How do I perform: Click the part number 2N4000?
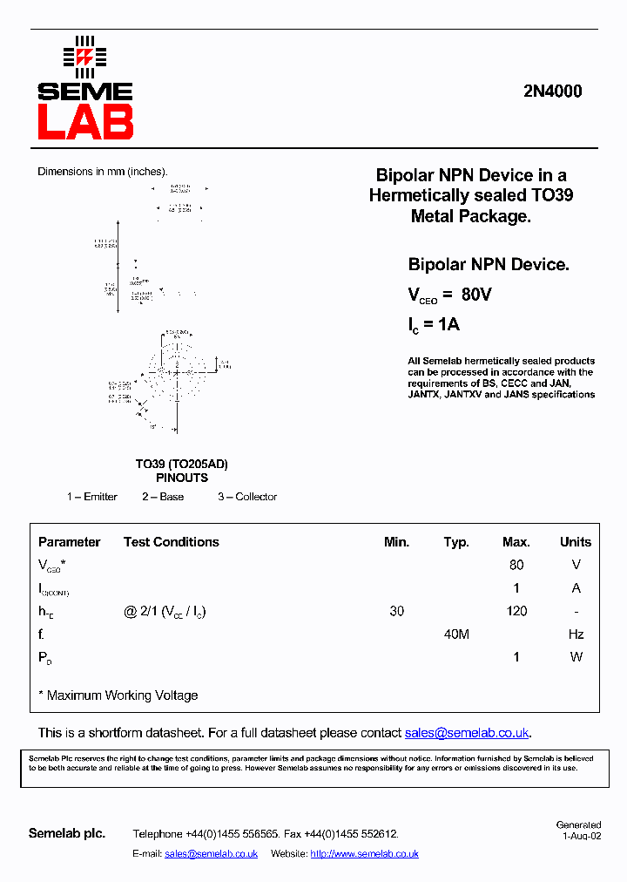tap(553, 92)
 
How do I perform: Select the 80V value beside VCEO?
tap(476, 295)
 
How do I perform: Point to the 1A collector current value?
tap(448, 324)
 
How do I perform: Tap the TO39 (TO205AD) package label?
tap(181, 465)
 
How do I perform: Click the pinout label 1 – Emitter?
tap(92, 497)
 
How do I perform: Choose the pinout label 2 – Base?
tap(163, 497)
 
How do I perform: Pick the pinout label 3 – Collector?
tap(247, 497)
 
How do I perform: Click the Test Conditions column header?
tap(171, 542)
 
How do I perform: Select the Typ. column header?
tap(456, 542)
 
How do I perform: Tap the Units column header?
tap(576, 542)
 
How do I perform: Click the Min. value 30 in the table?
tap(397, 611)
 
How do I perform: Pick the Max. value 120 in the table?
tap(516, 611)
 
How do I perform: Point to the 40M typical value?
tap(456, 634)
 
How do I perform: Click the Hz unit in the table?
tap(576, 634)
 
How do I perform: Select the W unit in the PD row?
tap(576, 657)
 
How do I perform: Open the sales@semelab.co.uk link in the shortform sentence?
tap(467, 733)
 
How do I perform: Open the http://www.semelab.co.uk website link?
tap(364, 854)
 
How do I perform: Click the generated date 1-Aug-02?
tap(581, 835)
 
